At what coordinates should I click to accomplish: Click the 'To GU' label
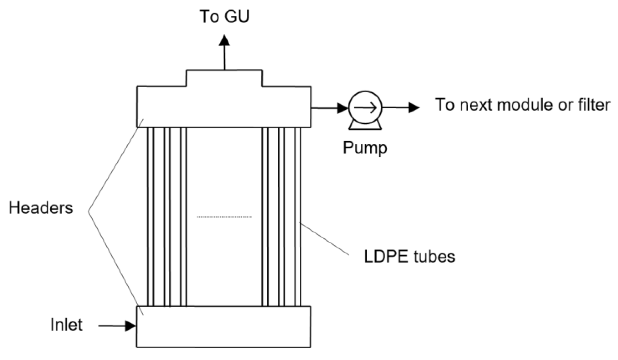[x=224, y=16]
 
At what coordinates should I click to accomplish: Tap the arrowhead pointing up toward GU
[x=224, y=40]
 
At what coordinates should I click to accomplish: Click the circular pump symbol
[x=365, y=107]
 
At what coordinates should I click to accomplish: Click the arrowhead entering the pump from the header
[x=343, y=108]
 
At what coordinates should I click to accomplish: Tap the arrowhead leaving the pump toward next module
[x=413, y=107]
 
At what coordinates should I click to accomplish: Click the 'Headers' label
[x=41, y=208]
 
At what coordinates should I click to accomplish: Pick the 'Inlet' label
[x=66, y=325]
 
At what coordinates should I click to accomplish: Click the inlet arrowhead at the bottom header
[x=130, y=326]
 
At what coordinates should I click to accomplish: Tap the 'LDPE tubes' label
[x=409, y=256]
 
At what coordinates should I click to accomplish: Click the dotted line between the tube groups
[x=224, y=217]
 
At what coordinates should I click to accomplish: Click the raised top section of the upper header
[x=224, y=78]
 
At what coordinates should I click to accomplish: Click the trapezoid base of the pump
[x=365, y=126]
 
